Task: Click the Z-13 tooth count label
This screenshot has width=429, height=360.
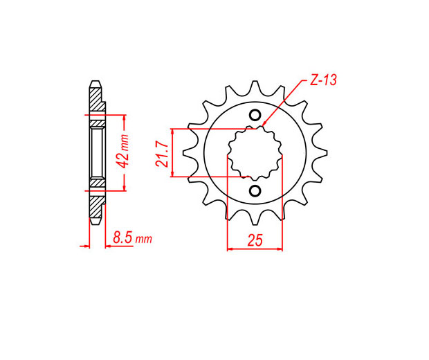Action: pyautogui.click(x=323, y=80)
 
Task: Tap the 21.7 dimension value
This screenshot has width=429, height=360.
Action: pyautogui.click(x=162, y=154)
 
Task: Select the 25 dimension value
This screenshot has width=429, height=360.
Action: pyautogui.click(x=255, y=240)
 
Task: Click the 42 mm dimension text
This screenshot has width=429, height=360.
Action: pyautogui.click(x=122, y=151)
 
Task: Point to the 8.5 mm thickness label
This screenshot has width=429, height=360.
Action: pyautogui.click(x=132, y=237)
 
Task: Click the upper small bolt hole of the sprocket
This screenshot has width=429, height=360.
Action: pyautogui.click(x=255, y=115)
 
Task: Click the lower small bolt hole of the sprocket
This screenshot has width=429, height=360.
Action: pyautogui.click(x=255, y=190)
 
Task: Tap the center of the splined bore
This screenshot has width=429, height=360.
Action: pyautogui.click(x=255, y=153)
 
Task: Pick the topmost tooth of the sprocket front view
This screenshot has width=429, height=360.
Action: pyautogui.click(x=255, y=87)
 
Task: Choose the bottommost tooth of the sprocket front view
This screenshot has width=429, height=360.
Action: pyautogui.click(x=255, y=218)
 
